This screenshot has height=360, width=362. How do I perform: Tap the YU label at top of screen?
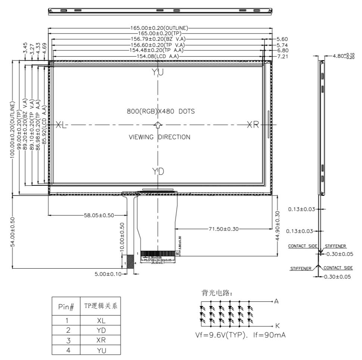click(x=158, y=73)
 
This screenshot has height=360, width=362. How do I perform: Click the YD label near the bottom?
click(x=158, y=172)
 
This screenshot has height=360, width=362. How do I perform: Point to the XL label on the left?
click(x=61, y=125)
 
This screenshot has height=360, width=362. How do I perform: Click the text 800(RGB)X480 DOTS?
click(x=161, y=111)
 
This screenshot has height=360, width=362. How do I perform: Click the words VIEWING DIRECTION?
click(x=159, y=137)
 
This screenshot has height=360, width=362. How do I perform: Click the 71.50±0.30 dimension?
click(x=224, y=229)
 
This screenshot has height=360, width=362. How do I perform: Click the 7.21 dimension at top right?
click(x=282, y=56)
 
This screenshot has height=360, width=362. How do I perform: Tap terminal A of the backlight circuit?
click(x=276, y=301)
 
